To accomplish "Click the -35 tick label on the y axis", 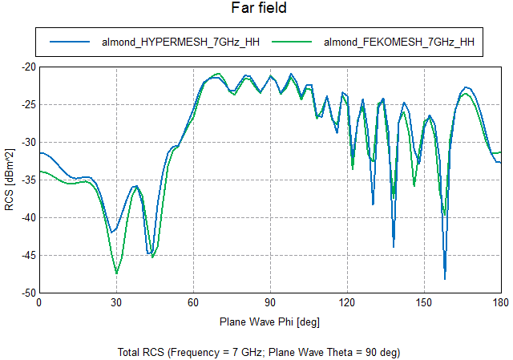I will (26, 180).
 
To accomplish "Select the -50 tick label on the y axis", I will (26, 293).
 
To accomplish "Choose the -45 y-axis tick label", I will (26, 255).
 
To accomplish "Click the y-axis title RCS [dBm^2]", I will (10, 180).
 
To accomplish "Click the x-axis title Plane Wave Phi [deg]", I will (269, 322).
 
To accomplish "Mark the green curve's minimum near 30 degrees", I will (116, 273).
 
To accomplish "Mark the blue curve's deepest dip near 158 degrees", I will (445, 278).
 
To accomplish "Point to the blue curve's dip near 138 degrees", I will (394, 245).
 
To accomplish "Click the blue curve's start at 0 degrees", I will (39, 152).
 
